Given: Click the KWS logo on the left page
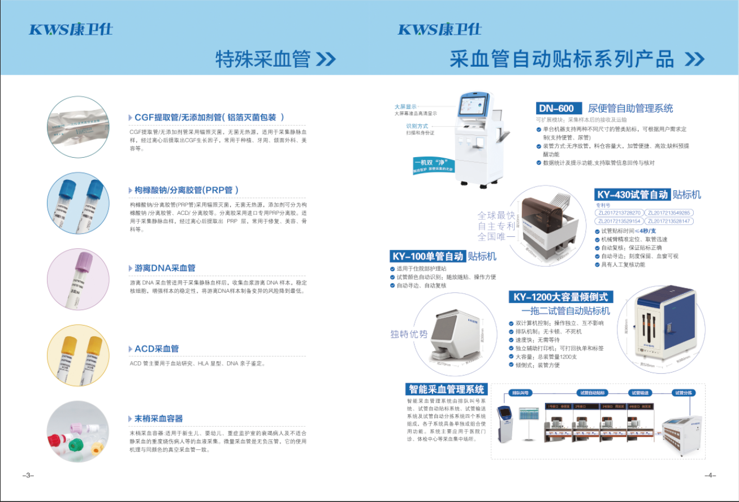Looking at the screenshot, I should coord(71,29).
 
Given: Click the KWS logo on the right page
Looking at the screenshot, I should coord(439,29).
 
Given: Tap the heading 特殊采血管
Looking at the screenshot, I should coord(263,59).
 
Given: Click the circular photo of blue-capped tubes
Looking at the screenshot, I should coord(78,204).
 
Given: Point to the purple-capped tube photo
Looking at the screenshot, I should coord(78,279).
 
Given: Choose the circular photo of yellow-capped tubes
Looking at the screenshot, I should coord(78,356).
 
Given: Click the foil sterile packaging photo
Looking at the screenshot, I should coord(78,127).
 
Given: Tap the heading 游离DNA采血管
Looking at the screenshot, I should coord(165,268).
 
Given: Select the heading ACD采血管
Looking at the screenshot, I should coord(156,349).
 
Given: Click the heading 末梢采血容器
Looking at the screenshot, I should coord(158,418).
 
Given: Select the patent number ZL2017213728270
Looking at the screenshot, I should coord(619,213).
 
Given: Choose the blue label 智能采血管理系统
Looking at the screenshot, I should coord(446,389).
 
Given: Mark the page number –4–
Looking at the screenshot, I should coord(710,475).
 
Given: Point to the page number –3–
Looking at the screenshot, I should coord(28,475).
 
